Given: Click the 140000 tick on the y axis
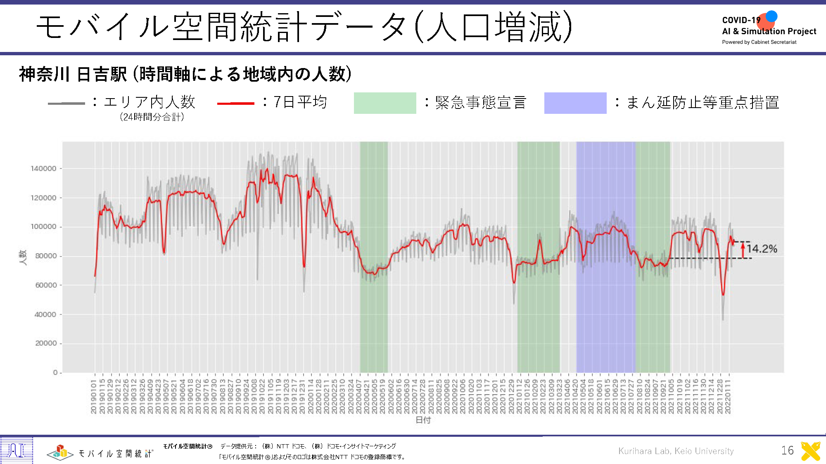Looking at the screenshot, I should pyautogui.click(x=44, y=168).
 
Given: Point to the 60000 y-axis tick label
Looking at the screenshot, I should pyautogui.click(x=46, y=285).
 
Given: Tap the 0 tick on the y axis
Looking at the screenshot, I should pyautogui.click(x=55, y=372).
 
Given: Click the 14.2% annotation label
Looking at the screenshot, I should pyautogui.click(x=762, y=249).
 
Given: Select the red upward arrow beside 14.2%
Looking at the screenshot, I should pyautogui.click(x=743, y=250).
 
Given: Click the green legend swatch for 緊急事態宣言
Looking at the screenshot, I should pyautogui.click(x=385, y=103).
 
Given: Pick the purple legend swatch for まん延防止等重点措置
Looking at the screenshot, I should pyautogui.click(x=575, y=103).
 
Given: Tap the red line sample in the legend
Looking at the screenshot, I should pyautogui.click(x=235, y=103).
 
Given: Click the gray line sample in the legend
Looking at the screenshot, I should pyautogui.click(x=66, y=103).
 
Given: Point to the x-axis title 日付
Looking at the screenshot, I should pyautogui.click(x=423, y=420).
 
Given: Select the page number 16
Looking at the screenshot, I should pyautogui.click(x=787, y=450).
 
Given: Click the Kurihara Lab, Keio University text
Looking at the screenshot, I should pyautogui.click(x=676, y=451).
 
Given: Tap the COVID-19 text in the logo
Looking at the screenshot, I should pyautogui.click(x=741, y=20).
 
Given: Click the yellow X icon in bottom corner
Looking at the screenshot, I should pyautogui.click(x=810, y=451).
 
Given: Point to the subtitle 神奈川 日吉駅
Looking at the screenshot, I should pyautogui.click(x=73, y=74).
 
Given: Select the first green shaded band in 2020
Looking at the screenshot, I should pyautogui.click(x=374, y=322).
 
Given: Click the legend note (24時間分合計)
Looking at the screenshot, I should pyautogui.click(x=152, y=117).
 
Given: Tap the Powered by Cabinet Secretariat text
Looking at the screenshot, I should pyautogui.click(x=759, y=42).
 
